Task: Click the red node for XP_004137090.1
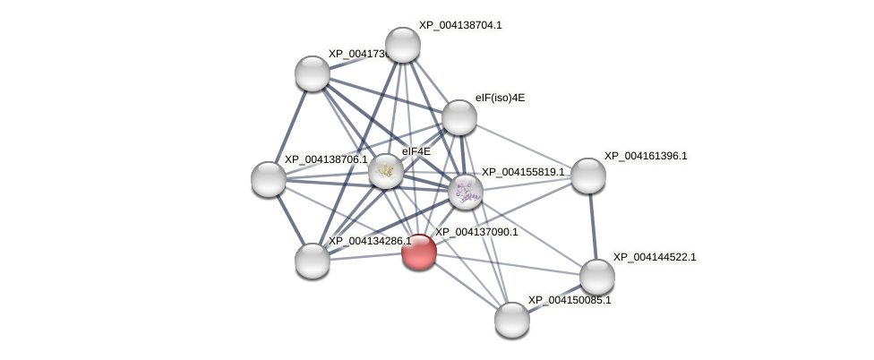pos(418,252)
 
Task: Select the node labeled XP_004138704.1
pos(403,45)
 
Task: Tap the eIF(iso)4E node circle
pos(459,117)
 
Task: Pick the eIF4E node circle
pos(386,171)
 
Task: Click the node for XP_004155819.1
pos(466,190)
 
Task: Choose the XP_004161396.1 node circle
pos(588,176)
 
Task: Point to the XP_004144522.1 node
pos(597,277)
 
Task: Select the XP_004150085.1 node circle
pos(512,320)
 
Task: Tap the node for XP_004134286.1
pos(313,261)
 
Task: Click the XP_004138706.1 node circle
pos(269,179)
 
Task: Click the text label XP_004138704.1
pos(460,25)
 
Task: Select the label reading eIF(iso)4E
pos(500,98)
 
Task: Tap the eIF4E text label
pos(416,151)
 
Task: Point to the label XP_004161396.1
pos(645,156)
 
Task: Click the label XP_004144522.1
pos(654,257)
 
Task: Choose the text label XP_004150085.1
pos(570,300)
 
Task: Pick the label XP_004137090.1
pos(476,232)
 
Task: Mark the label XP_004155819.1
pos(523,172)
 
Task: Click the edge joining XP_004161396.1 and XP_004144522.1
pos(593,226)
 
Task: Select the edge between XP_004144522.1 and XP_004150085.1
pos(555,298)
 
